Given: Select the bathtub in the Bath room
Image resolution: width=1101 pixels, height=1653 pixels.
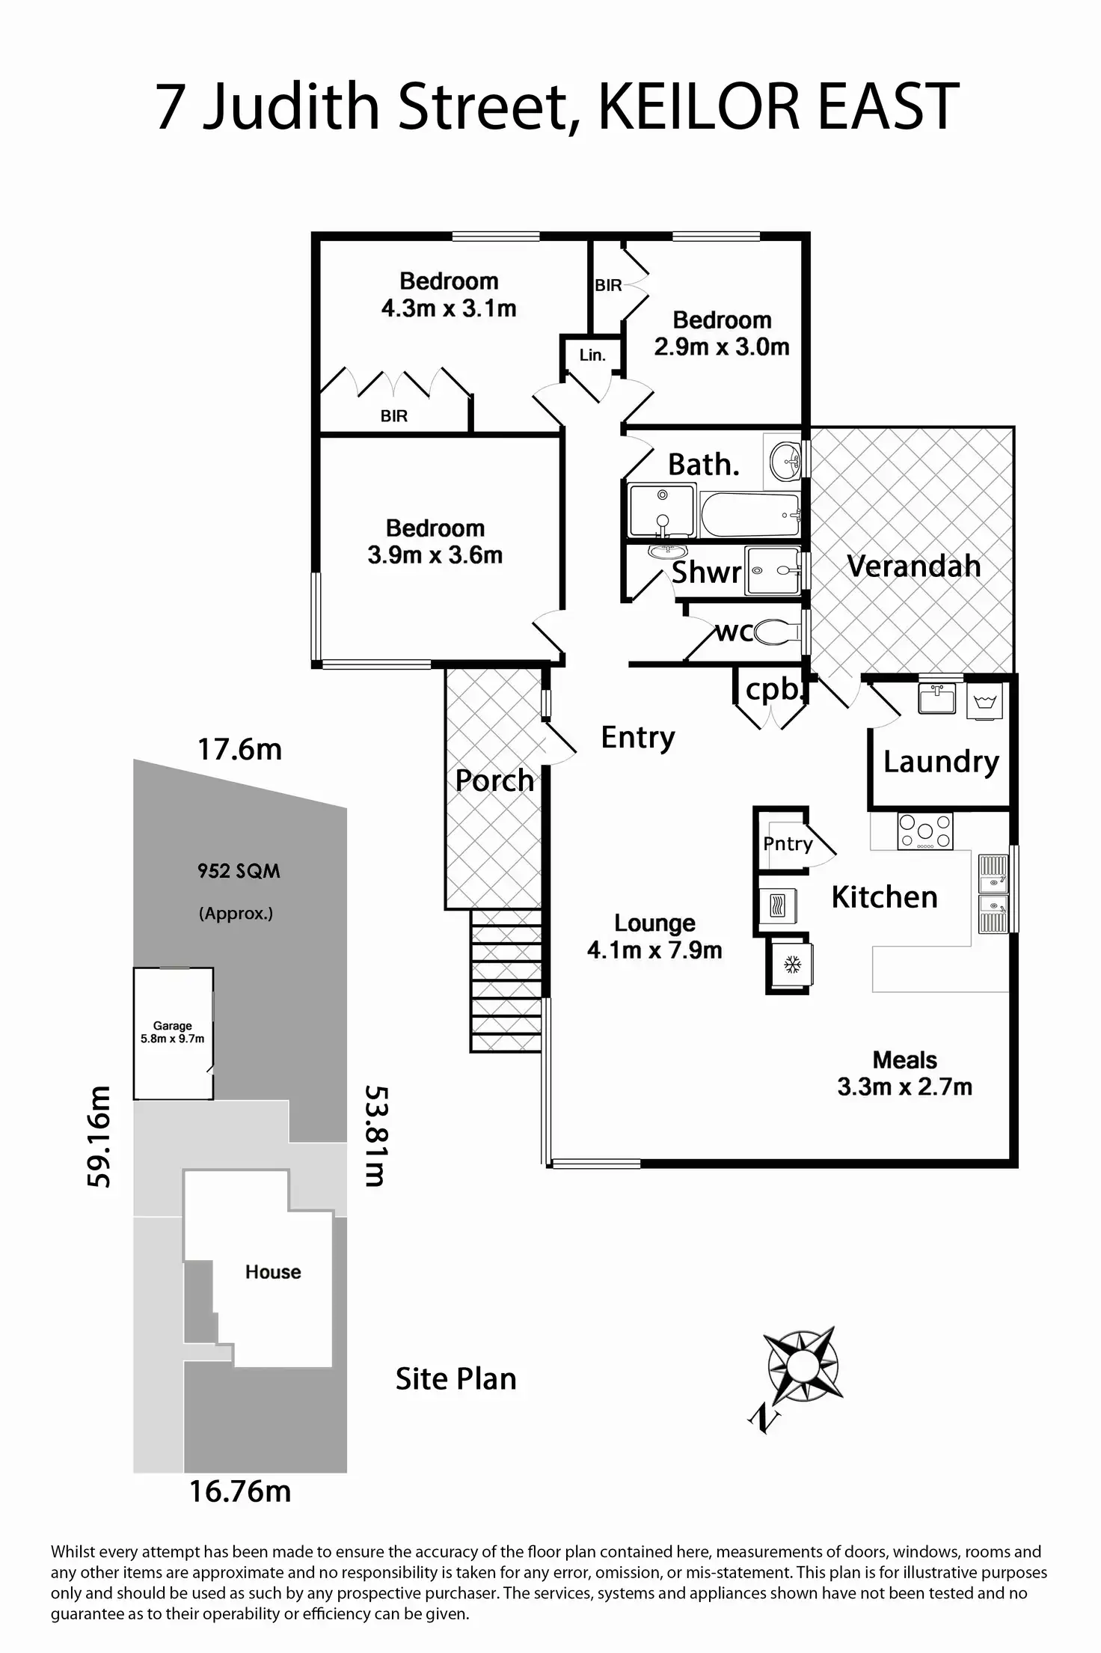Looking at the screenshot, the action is point(750,515).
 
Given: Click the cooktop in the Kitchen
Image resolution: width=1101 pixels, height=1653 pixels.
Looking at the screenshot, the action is point(925,831).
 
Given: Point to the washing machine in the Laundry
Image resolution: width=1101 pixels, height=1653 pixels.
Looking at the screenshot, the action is point(984,702).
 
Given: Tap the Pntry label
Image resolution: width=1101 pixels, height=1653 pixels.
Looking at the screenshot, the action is point(788,844).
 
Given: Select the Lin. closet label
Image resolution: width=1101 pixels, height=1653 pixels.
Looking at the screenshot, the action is point(592,355).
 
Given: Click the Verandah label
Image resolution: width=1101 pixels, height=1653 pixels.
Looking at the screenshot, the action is point(913,566).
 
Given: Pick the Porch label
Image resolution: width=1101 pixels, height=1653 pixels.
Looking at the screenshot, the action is point(494,781).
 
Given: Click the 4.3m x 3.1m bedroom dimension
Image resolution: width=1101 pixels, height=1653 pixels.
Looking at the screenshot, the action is point(449,308).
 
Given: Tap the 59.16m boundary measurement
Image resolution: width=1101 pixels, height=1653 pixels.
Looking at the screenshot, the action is point(99,1137).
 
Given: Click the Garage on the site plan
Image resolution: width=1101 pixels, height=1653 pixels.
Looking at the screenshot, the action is point(174,1033).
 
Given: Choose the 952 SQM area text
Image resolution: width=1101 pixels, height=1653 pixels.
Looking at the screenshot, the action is point(239,871).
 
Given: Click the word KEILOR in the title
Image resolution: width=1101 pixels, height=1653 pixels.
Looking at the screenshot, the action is point(699,106).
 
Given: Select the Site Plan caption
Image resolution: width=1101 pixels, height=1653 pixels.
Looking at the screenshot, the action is point(456,1378).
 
